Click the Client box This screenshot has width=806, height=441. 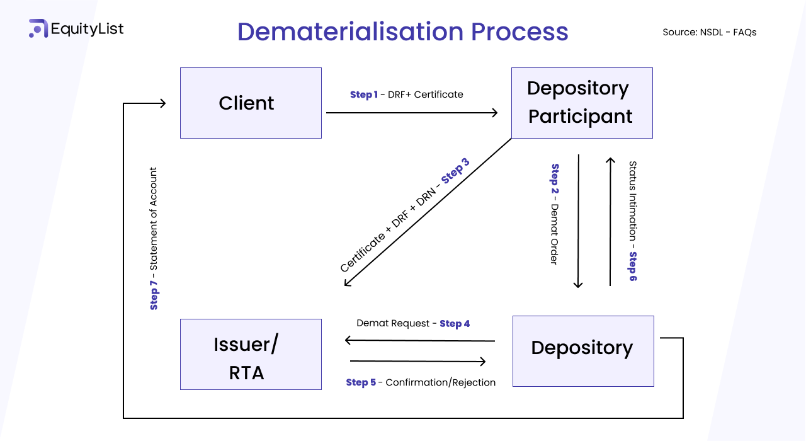(251, 103)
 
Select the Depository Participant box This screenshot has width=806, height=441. (581, 103)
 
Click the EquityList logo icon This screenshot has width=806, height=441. (38, 28)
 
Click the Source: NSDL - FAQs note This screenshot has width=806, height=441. (709, 32)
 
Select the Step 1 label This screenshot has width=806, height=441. (363, 94)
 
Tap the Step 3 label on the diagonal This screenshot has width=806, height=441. (455, 173)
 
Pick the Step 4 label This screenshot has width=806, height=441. (455, 323)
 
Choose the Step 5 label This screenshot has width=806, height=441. (361, 382)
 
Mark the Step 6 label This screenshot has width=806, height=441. (633, 266)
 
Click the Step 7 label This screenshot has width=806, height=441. (154, 295)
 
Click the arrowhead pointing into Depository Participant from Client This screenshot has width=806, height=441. (494, 113)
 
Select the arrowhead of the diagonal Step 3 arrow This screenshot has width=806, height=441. (347, 283)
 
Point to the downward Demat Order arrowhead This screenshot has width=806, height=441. (578, 285)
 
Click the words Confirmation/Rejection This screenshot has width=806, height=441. (440, 382)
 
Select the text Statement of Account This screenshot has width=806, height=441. (154, 218)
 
